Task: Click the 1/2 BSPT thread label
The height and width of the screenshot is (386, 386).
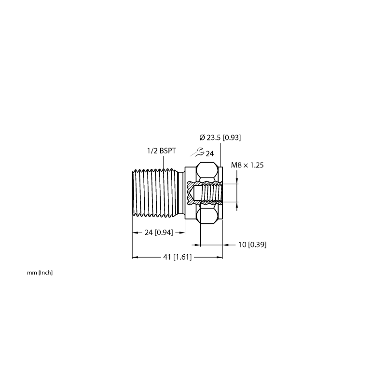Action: tap(162, 151)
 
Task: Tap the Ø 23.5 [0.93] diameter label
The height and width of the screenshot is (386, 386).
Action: tap(220, 138)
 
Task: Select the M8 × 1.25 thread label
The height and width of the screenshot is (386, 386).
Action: tap(247, 165)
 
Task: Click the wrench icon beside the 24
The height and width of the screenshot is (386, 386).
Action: tap(197, 152)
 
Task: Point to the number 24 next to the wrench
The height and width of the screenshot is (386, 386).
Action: tap(210, 154)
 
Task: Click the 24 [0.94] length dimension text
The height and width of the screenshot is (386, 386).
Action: tap(159, 232)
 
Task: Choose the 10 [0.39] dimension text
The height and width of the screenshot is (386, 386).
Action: tap(252, 245)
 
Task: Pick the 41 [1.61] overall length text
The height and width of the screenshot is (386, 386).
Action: tap(177, 257)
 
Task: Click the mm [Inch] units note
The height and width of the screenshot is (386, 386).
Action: tap(40, 273)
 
